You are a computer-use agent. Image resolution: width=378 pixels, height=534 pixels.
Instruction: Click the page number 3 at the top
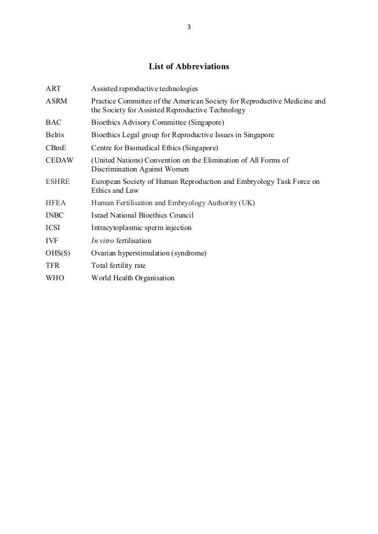(x=189, y=27)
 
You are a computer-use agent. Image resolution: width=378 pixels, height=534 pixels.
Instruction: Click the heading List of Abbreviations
(x=188, y=67)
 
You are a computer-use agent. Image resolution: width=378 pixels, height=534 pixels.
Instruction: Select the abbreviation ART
(x=53, y=89)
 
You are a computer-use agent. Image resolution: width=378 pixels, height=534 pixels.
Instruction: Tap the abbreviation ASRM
(x=56, y=101)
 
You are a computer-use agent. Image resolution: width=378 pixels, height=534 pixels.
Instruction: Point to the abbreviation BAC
(x=54, y=123)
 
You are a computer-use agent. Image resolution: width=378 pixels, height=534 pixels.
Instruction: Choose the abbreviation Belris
(x=56, y=135)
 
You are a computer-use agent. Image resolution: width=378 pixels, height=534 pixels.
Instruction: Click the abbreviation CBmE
(x=56, y=148)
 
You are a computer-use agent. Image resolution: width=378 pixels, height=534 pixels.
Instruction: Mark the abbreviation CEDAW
(x=60, y=160)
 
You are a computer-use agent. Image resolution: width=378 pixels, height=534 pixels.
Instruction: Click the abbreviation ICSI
(x=55, y=228)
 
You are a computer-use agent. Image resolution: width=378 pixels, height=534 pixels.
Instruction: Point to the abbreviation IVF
(x=53, y=241)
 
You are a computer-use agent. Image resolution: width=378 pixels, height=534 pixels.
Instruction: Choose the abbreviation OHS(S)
(x=58, y=253)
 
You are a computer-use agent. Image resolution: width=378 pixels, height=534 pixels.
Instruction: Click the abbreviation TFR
(x=53, y=266)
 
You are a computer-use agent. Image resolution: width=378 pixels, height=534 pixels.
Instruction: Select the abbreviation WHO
(x=55, y=278)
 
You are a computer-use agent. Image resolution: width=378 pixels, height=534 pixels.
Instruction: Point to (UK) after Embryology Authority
(x=247, y=203)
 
